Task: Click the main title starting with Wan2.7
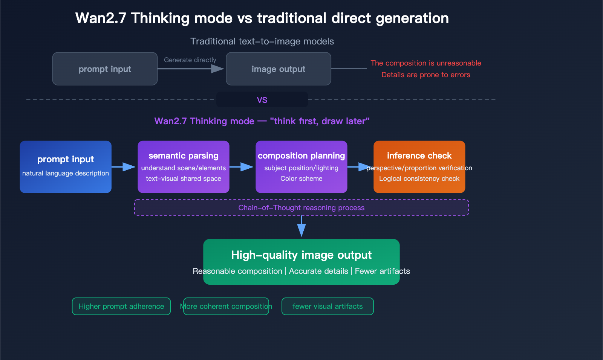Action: pos(262,18)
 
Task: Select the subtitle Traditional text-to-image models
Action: pos(262,41)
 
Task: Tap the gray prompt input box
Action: pos(105,69)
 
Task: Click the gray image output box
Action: pos(278,69)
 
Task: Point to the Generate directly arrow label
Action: pos(190,60)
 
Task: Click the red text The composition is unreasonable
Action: pos(425,63)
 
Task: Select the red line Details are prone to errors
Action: pos(425,75)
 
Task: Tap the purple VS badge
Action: pos(262,100)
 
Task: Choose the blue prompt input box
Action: pos(66,167)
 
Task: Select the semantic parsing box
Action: pos(184,167)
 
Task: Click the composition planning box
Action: pos(301,167)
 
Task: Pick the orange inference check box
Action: pos(419,167)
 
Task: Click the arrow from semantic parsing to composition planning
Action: pos(242,167)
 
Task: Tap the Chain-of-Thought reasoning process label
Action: pos(301,207)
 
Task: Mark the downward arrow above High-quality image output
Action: pos(301,226)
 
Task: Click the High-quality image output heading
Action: pos(301,255)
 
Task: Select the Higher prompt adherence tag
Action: pos(121,306)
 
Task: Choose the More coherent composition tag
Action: pos(226,306)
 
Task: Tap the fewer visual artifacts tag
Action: pos(328,306)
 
